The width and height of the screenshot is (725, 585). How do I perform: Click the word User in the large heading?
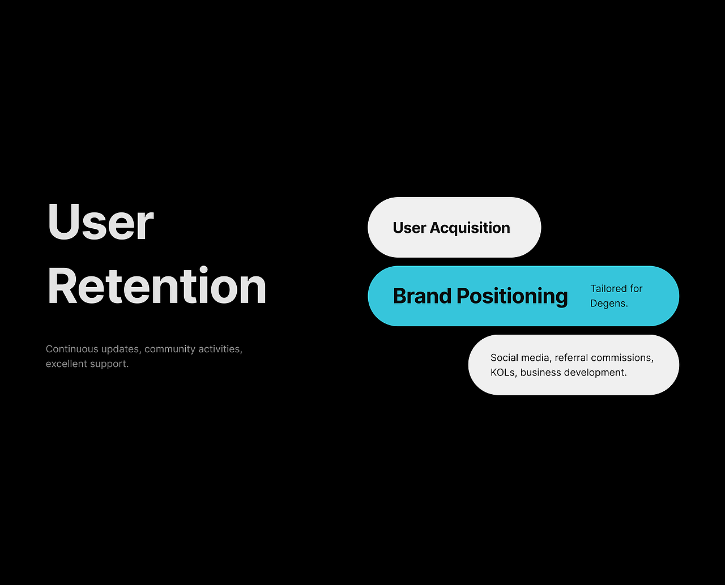point(100,221)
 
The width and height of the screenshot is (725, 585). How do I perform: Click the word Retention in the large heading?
point(157,285)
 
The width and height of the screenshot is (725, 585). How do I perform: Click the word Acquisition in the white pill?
point(470,228)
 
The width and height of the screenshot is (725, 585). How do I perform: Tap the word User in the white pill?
point(409,228)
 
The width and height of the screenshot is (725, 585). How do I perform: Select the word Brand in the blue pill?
point(422,296)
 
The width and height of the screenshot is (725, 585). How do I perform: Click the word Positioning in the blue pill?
point(512,296)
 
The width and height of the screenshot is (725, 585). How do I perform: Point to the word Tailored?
point(607,289)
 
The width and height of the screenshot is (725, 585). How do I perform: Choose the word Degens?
point(609,304)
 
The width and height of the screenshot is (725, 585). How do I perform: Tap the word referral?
point(571,358)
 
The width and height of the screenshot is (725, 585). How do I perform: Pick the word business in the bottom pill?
point(540,373)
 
